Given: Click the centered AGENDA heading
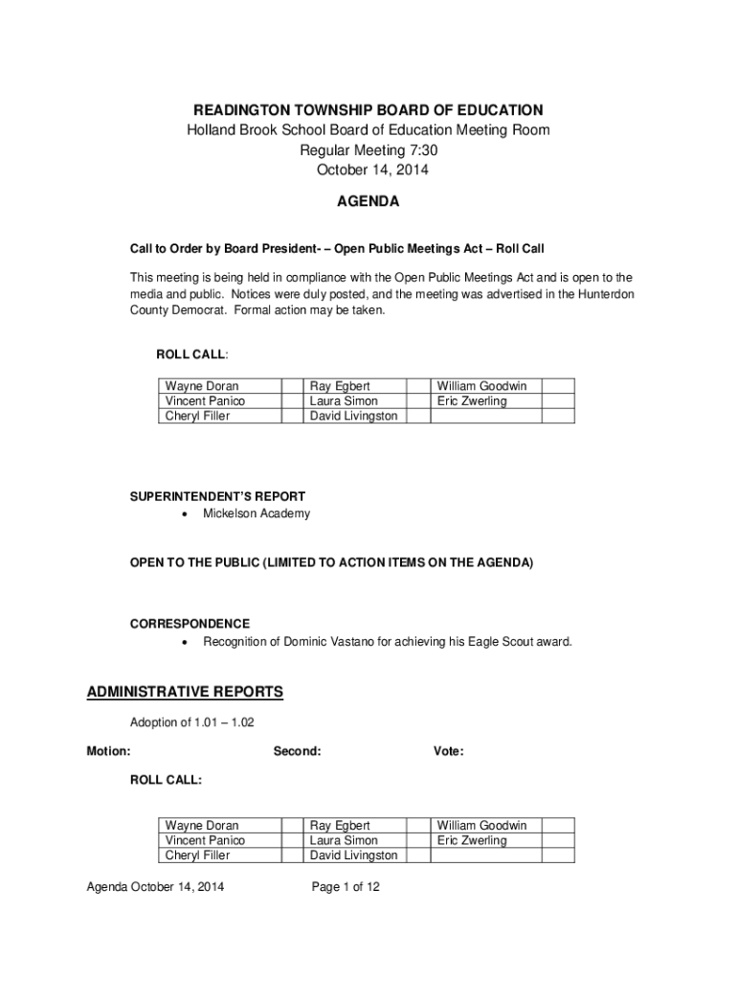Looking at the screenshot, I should coord(368,202).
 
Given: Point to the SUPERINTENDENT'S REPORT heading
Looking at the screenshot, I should coord(217,496).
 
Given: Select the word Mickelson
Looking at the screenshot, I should coord(231,513).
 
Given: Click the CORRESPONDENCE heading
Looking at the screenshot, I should coord(190,624).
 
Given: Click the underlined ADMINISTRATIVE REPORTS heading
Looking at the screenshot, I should coord(185,692).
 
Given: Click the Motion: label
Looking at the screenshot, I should coord(109,751).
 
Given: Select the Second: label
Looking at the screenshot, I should coord(297,751).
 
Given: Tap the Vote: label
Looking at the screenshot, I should coord(448,751).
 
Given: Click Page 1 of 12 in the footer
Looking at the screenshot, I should coord(346,887).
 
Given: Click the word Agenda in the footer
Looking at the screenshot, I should coord(107,887).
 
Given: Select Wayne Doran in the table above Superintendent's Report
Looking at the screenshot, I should coord(202,386).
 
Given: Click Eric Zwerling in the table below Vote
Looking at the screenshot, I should coord(472,840).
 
